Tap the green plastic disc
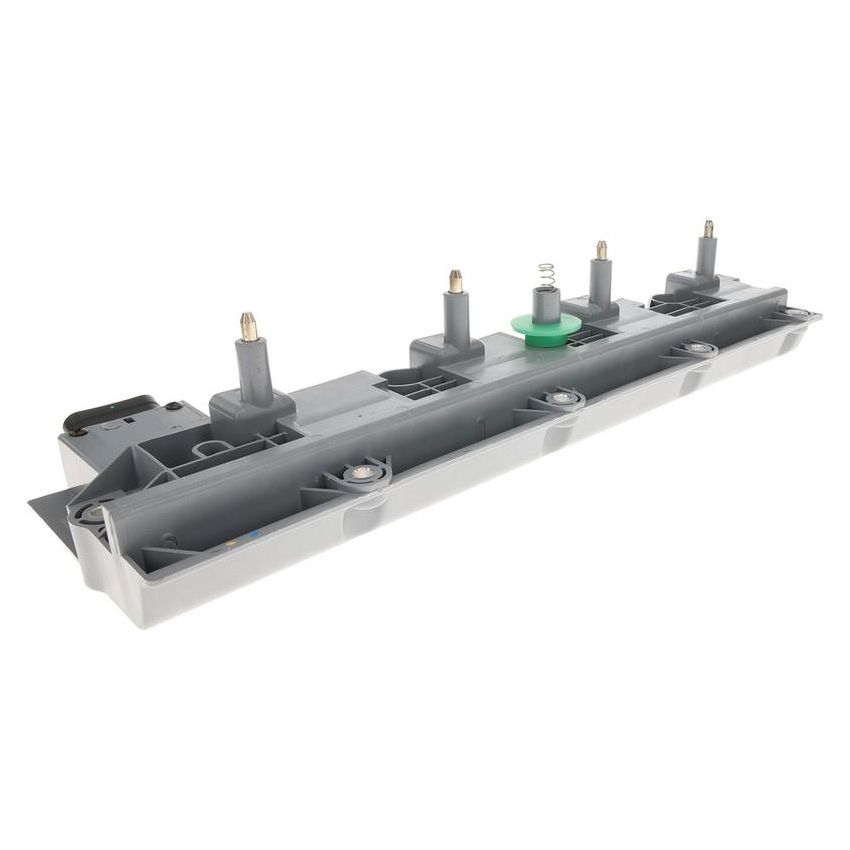point(545,324)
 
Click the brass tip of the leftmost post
point(248,326)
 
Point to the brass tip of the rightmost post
point(708,229)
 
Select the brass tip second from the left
point(455,281)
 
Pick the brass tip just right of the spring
point(601,250)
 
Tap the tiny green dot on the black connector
point(117,407)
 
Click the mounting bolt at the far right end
point(795,313)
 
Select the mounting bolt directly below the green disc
point(564,399)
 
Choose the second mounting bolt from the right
point(698,348)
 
